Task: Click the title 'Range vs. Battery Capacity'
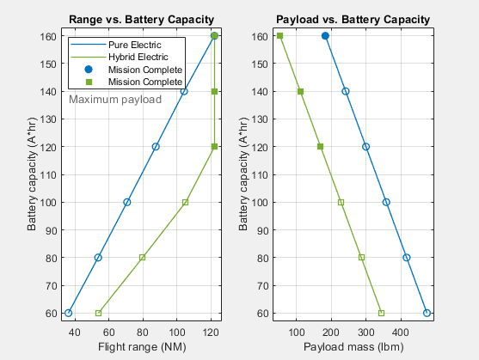coord(141,19)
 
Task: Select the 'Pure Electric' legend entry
coord(132,42)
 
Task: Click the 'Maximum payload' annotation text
coord(115,100)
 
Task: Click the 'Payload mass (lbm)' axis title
coord(350,346)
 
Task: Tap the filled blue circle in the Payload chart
coord(325,36)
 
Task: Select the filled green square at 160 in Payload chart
coord(280,36)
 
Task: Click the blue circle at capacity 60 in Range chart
coord(69,313)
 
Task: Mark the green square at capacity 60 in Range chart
coord(98,313)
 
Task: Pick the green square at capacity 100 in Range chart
coord(185,202)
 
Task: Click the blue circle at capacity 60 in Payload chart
coord(427,313)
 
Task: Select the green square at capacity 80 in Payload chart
coord(361,257)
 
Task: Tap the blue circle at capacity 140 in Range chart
coord(184,91)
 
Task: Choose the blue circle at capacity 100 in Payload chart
coord(386,202)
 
